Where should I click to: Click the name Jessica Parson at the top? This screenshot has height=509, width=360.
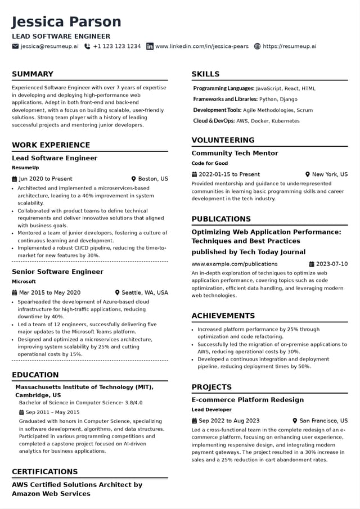[66, 22]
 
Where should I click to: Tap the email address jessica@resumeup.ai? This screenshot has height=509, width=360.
[49, 46]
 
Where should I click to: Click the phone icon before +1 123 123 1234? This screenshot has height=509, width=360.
[87, 46]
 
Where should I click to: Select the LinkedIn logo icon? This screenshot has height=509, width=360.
[150, 46]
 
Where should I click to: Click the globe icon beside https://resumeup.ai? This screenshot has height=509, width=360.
[258, 46]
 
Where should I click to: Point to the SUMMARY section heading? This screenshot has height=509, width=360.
[33, 74]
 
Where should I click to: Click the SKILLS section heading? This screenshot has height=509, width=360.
[205, 74]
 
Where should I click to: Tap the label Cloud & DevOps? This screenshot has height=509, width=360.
[214, 121]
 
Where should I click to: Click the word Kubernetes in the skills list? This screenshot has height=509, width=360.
[285, 121]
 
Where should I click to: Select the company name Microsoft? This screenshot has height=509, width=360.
[24, 282]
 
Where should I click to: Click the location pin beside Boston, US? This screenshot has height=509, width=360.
[134, 179]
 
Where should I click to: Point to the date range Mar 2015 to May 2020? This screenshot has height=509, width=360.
[49, 292]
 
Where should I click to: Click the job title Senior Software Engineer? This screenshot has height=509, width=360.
[57, 272]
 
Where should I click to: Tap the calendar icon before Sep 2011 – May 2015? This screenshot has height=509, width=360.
[21, 412]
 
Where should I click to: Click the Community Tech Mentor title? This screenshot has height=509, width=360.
[235, 153]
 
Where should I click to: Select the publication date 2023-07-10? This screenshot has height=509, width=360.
[332, 264]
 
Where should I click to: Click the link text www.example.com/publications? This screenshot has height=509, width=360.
[234, 264]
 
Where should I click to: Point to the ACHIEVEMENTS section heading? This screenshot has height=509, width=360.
[223, 316]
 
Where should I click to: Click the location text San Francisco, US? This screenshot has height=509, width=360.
[323, 421]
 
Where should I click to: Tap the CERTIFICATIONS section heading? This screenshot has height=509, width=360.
[44, 471]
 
